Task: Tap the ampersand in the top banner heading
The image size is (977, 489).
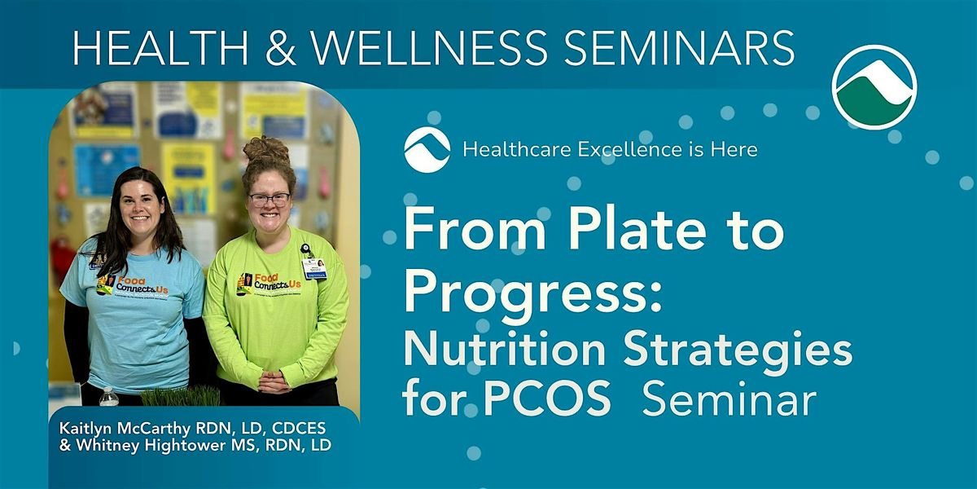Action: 282,49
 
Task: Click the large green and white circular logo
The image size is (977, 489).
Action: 874,87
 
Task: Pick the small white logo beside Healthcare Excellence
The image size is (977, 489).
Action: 427,150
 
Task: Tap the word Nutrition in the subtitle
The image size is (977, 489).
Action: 504,350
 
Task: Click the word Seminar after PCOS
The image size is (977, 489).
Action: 729,402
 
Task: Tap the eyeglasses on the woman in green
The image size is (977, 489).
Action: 269,198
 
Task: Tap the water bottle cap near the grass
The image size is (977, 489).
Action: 107,390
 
